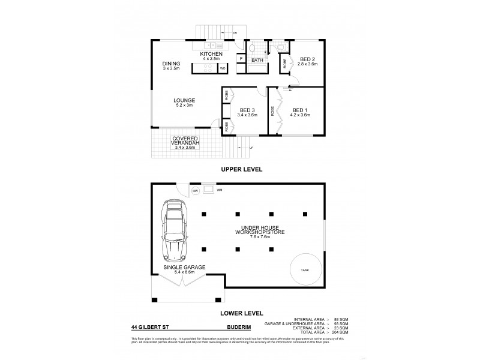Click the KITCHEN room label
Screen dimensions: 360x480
[x=212, y=55]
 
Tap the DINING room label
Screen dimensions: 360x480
[x=171, y=64]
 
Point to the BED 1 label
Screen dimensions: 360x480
[x=300, y=110]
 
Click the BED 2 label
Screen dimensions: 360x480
[x=307, y=59]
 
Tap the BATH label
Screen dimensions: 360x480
[x=258, y=61]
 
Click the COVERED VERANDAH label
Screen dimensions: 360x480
[x=185, y=142]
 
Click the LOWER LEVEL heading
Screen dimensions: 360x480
[x=239, y=312]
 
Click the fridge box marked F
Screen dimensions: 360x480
[x=240, y=59]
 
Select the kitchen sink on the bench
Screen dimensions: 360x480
[x=211, y=46]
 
